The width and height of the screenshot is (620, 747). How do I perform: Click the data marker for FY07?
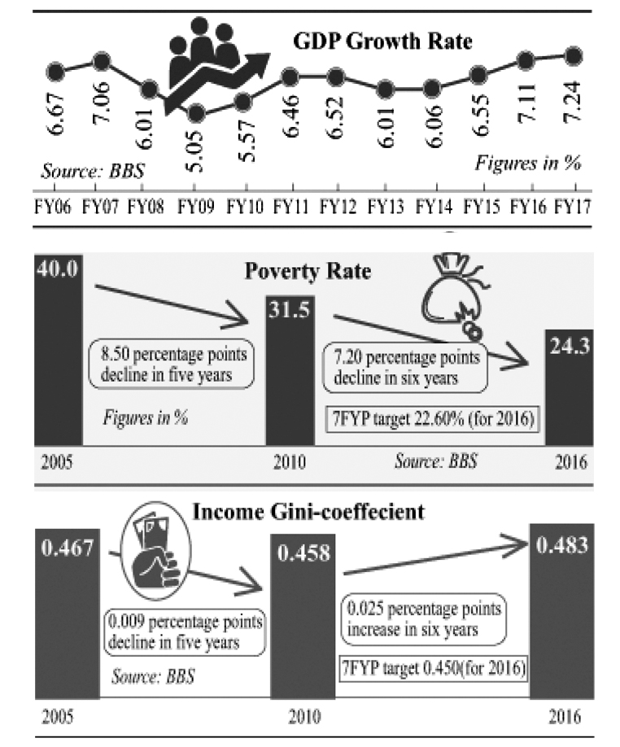(102, 60)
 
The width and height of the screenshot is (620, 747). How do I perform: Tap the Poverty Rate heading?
(308, 270)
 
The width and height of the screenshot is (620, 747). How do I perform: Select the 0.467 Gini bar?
(65, 610)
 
